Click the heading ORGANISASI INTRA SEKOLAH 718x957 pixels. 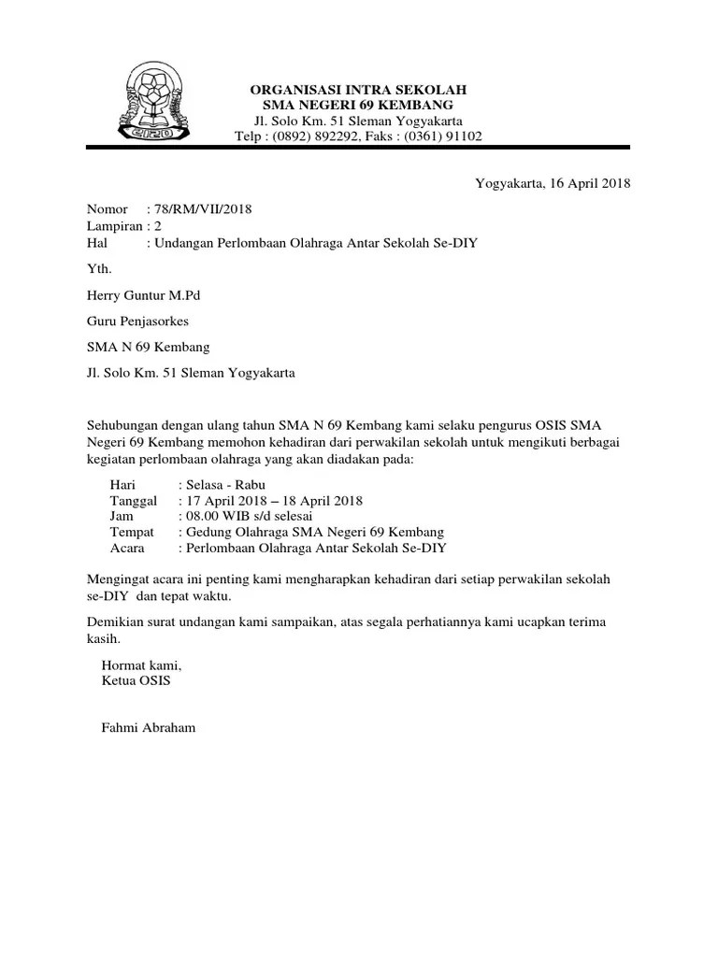(358, 89)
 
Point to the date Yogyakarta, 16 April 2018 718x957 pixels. (553, 183)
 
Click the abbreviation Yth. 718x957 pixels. (98, 269)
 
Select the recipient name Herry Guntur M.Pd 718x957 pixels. (143, 295)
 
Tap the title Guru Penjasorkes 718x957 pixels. (137, 321)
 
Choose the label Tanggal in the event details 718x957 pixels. (135, 500)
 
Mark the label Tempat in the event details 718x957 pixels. (132, 532)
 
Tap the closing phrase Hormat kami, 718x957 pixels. (140, 665)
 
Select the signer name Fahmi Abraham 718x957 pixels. (149, 727)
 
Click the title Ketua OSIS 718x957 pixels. (136, 680)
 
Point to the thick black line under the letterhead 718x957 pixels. (358, 148)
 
